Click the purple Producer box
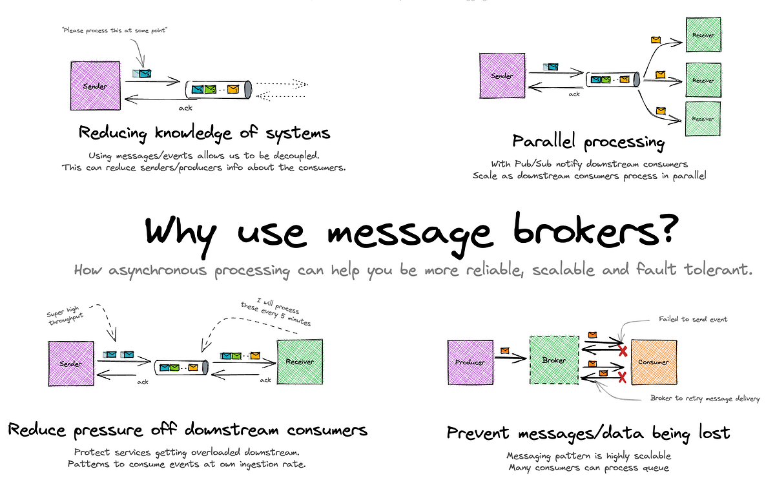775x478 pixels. point(470,361)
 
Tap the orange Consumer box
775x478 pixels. point(653,361)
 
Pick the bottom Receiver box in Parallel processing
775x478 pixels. point(703,119)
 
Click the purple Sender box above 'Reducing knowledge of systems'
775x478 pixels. point(95,85)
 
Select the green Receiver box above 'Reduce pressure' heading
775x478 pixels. point(300,361)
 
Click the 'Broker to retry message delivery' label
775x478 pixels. point(705,399)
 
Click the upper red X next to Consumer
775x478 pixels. point(623,351)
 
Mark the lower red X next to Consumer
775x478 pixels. point(623,377)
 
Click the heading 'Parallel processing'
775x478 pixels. point(588,141)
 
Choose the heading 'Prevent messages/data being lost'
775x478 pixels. point(588,433)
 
